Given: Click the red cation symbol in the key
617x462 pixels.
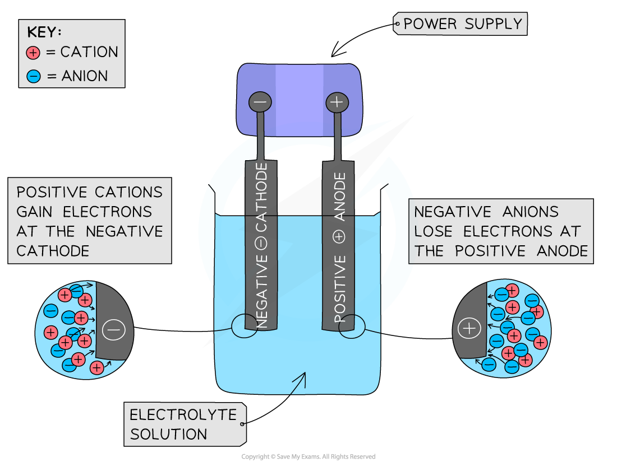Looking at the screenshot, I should pyautogui.click(x=34, y=53).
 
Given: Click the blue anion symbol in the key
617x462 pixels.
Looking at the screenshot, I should pyautogui.click(x=34, y=76).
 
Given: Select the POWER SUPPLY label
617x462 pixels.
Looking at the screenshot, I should pyautogui.click(x=462, y=24).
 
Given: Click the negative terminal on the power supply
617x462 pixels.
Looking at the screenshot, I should pyautogui.click(x=260, y=102).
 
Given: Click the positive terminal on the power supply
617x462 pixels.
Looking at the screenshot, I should pyautogui.click(x=337, y=102).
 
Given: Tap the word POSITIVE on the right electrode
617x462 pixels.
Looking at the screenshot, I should pyautogui.click(x=340, y=289).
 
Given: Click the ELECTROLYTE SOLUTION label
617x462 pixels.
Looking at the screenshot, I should pyautogui.click(x=184, y=424).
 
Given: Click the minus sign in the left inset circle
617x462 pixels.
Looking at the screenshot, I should pyautogui.click(x=114, y=330).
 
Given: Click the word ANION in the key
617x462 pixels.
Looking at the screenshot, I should pyautogui.click(x=84, y=76).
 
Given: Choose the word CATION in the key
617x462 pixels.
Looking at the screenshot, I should pyautogui.click(x=89, y=53).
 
